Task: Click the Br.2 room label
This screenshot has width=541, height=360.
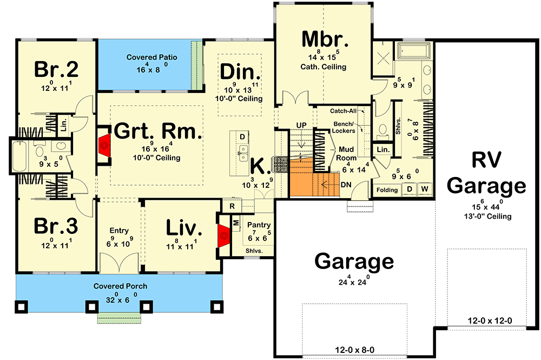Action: tap(56, 70)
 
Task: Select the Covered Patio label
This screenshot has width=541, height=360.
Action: tap(144, 57)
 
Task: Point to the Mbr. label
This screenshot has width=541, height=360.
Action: tap(323, 40)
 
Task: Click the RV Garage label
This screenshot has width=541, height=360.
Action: tap(486, 173)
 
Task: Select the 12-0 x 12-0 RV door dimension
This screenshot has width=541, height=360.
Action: tap(486, 320)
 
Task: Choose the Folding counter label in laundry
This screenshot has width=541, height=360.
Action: tap(387, 190)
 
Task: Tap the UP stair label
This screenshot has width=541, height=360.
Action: tap(301, 126)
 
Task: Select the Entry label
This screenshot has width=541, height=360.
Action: tap(119, 231)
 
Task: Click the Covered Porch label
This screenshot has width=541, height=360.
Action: tap(120, 286)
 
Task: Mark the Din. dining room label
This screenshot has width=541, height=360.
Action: tap(241, 73)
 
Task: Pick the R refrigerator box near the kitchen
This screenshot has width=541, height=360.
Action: tap(231, 206)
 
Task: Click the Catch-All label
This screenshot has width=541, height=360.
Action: tap(344, 111)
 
